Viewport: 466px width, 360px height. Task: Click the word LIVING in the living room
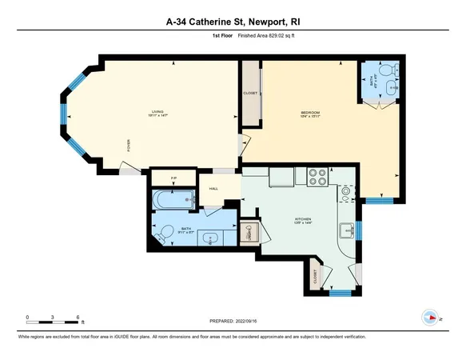(146, 111)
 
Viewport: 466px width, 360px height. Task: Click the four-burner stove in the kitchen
(317, 176)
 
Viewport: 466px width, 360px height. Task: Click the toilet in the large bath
(164, 233)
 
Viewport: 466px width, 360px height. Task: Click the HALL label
(213, 189)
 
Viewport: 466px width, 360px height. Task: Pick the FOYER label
(128, 146)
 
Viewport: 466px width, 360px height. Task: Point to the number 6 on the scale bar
(77, 318)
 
